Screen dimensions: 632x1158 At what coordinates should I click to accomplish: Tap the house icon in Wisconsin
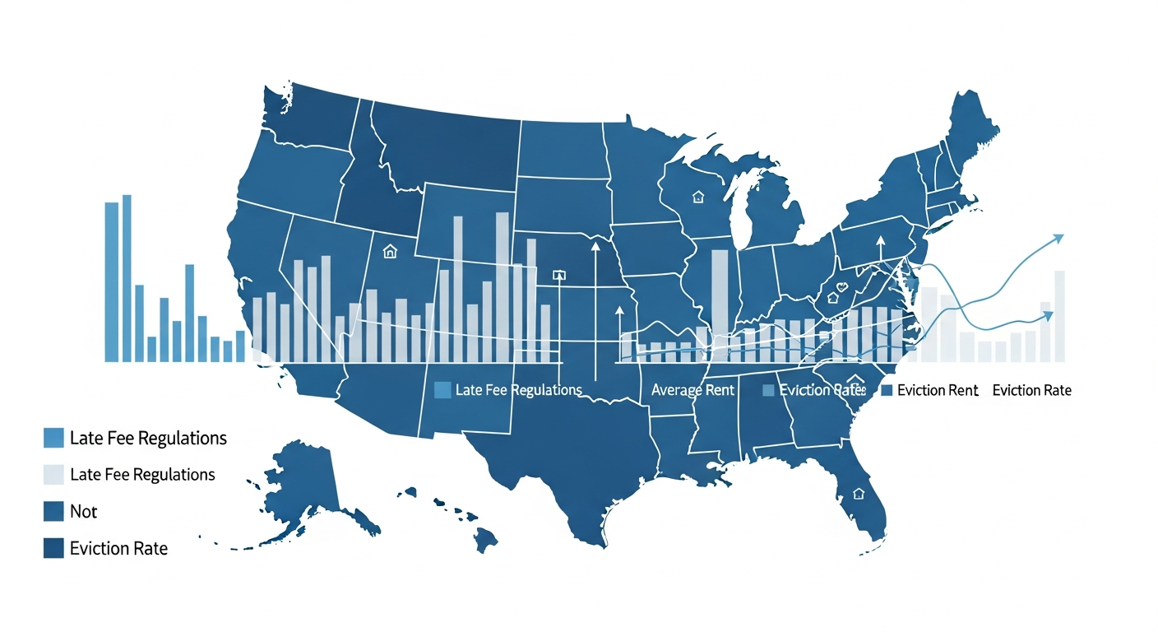pyautogui.click(x=698, y=197)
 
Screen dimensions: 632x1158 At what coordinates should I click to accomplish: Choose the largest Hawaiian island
pyautogui.click(x=484, y=539)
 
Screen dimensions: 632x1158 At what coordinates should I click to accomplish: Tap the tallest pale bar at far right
pyautogui.click(x=1059, y=316)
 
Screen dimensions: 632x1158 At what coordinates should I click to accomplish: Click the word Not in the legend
pyautogui.click(x=84, y=512)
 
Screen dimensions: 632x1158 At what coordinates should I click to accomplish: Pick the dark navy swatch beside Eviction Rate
pyautogui.click(x=53, y=548)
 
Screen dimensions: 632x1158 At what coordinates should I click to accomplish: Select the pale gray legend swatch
pyautogui.click(x=53, y=475)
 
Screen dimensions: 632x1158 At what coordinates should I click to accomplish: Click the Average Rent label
pyautogui.click(x=692, y=390)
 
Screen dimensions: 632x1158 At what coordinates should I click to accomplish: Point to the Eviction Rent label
pyautogui.click(x=938, y=391)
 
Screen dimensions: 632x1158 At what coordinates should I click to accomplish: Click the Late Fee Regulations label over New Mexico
pyautogui.click(x=518, y=390)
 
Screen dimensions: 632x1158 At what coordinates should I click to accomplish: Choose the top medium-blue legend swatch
pyautogui.click(x=53, y=438)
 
